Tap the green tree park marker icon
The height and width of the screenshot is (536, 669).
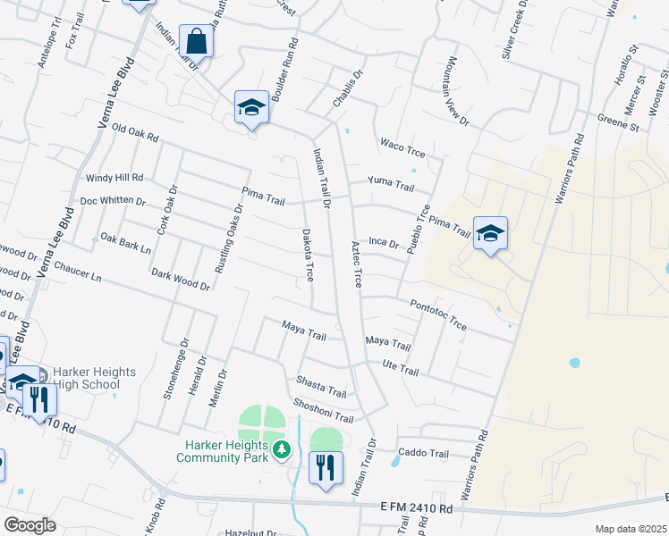[283, 448]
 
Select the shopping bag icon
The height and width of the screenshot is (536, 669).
[195, 41]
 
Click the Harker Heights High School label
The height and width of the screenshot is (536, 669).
[86, 378]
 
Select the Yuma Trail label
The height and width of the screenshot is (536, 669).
[392, 187]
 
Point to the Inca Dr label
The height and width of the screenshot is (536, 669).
[383, 242]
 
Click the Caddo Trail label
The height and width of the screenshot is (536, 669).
[423, 453]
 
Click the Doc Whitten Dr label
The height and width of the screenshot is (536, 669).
[113, 201]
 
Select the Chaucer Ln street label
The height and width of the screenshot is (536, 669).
[77, 271]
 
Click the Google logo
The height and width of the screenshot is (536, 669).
[30, 525]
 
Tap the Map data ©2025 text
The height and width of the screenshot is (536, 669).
[631, 529]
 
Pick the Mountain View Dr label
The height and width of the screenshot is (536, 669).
[453, 93]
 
